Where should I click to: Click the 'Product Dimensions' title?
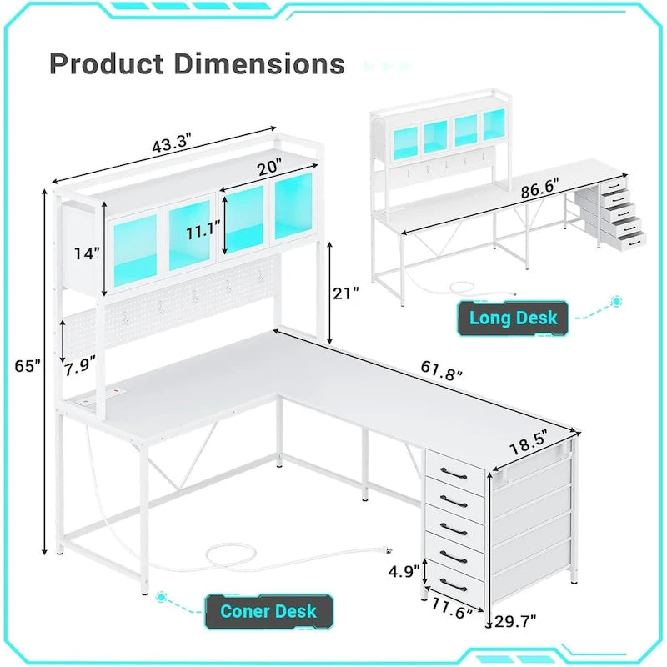click(x=197, y=63)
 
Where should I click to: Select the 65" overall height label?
click(x=28, y=367)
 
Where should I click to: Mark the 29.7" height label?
click(x=514, y=619)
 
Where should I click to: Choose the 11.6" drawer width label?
click(x=452, y=612)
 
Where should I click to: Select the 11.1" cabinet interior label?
click(x=203, y=231)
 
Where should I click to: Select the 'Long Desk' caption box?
click(x=513, y=318)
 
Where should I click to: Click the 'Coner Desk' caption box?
click(x=268, y=611)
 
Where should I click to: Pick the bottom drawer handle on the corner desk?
click(x=454, y=582)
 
